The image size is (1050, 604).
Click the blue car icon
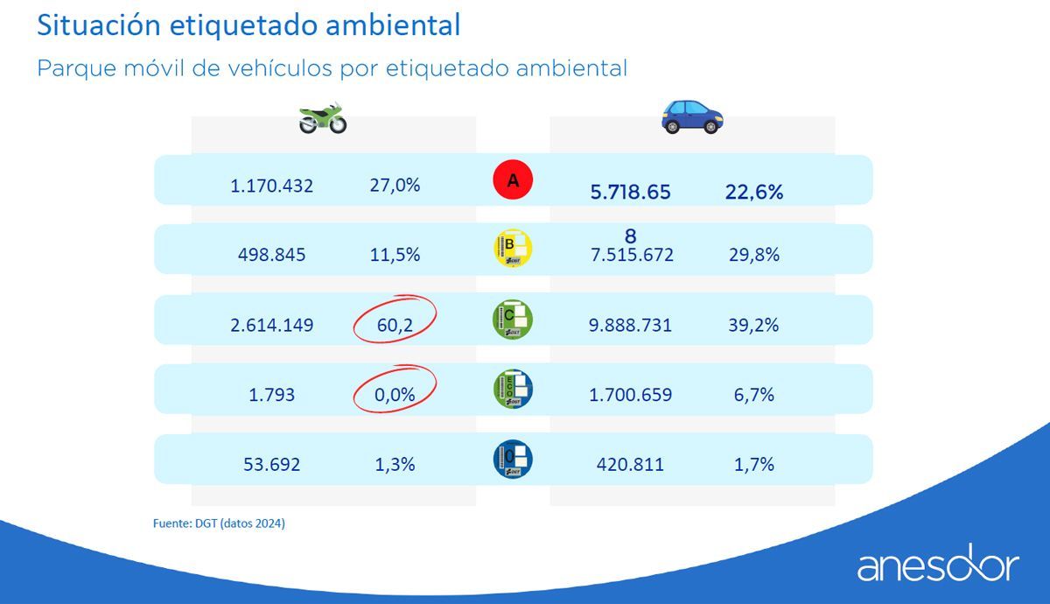[692, 116]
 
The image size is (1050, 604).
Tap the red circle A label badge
[513, 180]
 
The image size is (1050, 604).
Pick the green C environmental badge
[513, 319]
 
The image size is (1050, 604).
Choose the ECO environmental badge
[513, 389]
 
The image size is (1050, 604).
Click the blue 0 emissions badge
[513, 459]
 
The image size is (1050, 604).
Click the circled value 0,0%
[394, 395]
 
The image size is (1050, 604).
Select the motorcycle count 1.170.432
[272, 186]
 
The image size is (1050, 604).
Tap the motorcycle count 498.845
[272, 255]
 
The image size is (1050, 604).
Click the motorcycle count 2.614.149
[272, 326]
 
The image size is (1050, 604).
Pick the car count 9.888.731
[631, 326]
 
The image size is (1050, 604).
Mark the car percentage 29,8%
[753, 255]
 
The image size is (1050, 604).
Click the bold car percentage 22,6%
[753, 193]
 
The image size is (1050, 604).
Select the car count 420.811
[627, 465]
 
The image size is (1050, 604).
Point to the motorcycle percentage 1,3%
[395, 465]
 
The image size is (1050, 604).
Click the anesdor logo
[938, 566]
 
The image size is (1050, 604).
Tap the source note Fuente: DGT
[219, 523]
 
